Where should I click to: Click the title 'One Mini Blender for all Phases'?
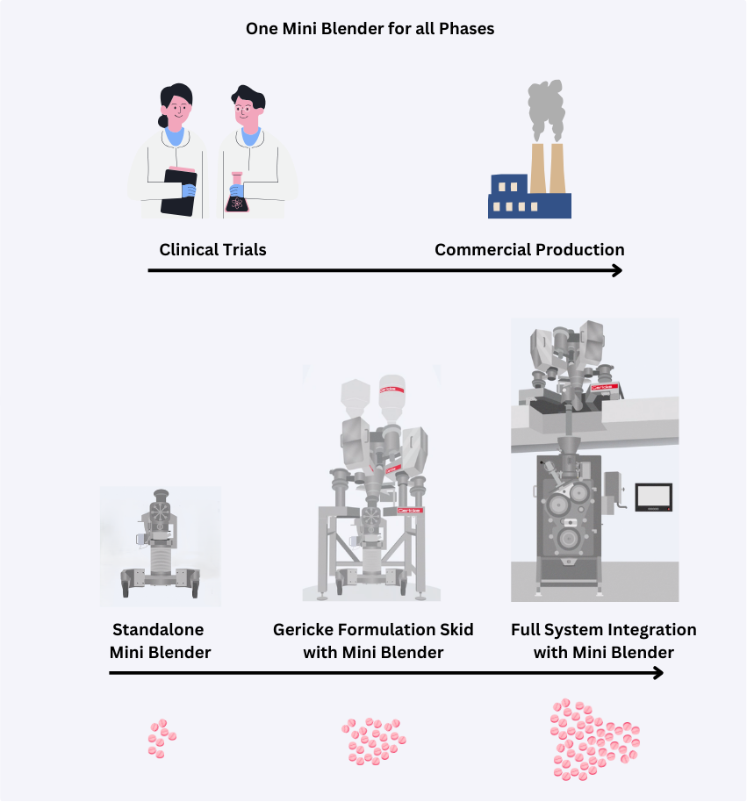370,28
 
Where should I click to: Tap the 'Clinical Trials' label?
212,249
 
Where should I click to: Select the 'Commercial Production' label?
529,249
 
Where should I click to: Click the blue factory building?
529,199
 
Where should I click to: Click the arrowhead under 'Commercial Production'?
616,270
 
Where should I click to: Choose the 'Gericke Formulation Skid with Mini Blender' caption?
373,641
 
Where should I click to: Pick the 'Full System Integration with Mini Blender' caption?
603,641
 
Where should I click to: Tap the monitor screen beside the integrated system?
653,497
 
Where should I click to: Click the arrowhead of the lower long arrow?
657,673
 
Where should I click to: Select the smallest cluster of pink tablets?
162,739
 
